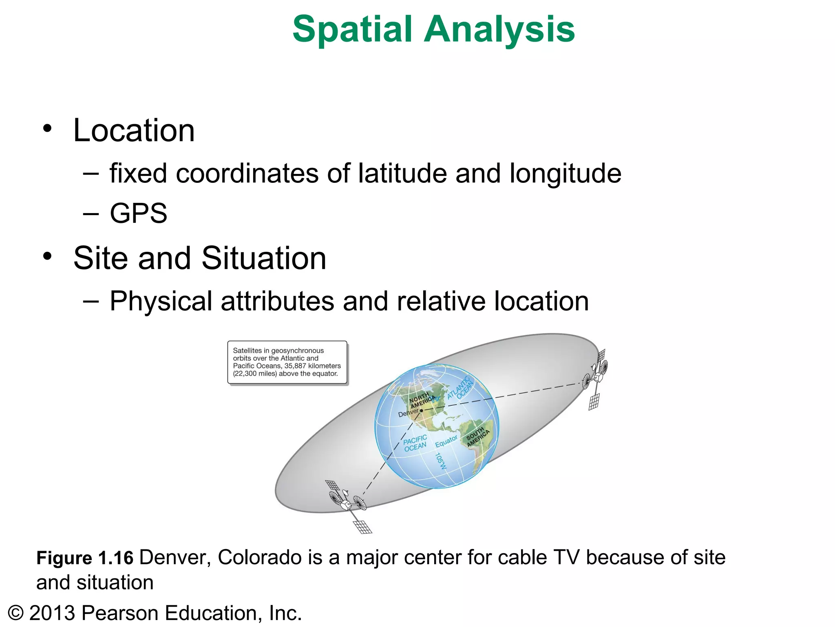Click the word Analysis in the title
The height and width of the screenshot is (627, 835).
click(x=499, y=29)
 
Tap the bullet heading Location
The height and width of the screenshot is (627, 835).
click(x=134, y=131)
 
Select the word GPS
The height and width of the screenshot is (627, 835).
click(x=139, y=213)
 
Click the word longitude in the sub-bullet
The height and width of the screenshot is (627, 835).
click(x=566, y=174)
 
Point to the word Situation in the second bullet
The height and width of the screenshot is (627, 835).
click(x=264, y=258)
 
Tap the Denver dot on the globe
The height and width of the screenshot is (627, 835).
click(x=422, y=410)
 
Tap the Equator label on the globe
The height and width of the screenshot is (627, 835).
click(x=446, y=441)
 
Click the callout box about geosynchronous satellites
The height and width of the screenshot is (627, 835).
click(x=287, y=362)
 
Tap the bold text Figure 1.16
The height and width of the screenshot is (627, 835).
click(x=85, y=558)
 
